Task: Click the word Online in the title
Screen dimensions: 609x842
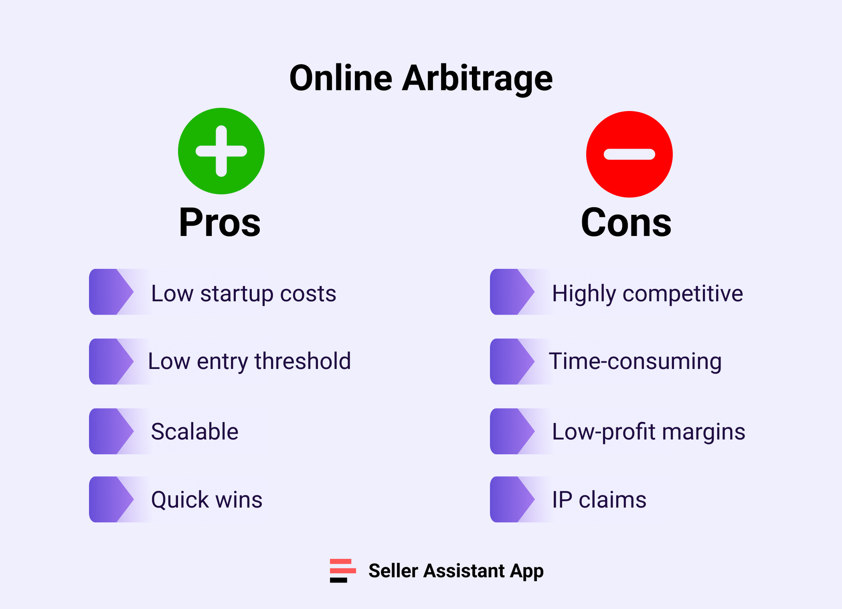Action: point(341,79)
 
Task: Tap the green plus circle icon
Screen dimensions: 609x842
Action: point(221,151)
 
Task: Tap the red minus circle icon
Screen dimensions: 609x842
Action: point(629,154)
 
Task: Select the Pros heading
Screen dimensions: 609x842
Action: point(219,222)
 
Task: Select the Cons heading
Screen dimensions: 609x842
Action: point(626,222)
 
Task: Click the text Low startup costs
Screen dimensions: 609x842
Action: point(243,293)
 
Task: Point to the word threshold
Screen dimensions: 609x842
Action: point(302,361)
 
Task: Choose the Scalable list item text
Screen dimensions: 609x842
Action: point(195,432)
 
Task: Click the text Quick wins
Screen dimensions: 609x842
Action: point(206,500)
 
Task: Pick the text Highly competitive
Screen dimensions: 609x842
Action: point(647,293)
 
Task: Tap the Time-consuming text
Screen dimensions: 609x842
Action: point(635,361)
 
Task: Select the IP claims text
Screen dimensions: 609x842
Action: point(599,500)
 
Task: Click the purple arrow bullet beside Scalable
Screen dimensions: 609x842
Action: point(111,431)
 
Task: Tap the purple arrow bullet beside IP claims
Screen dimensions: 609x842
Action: point(512,499)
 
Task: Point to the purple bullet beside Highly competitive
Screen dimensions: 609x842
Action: point(512,292)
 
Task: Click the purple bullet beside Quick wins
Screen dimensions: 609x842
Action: point(111,499)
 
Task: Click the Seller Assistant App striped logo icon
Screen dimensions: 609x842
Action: point(342,571)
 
